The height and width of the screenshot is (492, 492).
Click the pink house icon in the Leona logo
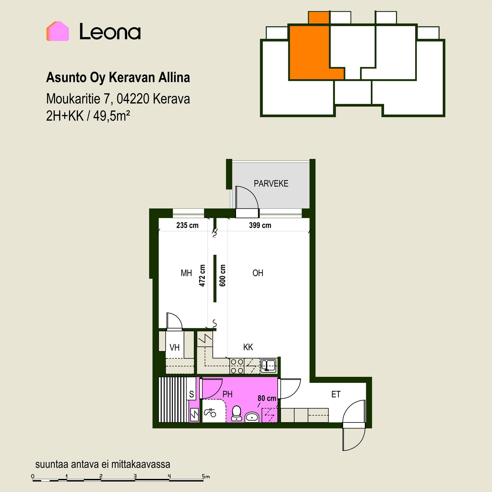click(57, 31)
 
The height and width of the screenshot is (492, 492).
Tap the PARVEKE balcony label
click(271, 183)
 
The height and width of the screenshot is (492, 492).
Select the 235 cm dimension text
click(187, 225)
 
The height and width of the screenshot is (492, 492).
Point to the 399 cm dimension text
click(260, 225)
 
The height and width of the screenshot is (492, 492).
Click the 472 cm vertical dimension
click(202, 275)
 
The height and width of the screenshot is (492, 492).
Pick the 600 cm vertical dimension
click(222, 275)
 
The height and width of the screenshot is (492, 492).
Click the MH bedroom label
click(186, 273)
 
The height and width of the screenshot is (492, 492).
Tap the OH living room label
click(258, 273)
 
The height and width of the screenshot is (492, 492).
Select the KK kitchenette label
click(248, 347)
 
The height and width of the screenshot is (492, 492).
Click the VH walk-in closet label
click(175, 348)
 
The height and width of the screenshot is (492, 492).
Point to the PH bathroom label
click(227, 394)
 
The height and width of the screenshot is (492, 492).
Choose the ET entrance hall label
click(336, 394)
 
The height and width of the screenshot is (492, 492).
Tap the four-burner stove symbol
click(237, 366)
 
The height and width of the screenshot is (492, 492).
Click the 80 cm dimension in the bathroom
click(267, 398)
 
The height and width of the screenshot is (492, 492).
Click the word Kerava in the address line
click(171, 99)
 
